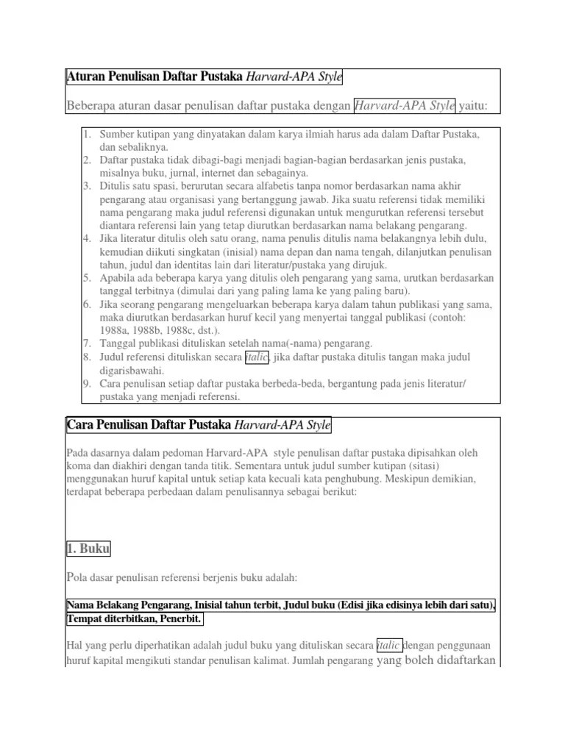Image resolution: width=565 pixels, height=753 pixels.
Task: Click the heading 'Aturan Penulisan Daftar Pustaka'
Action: tap(154, 77)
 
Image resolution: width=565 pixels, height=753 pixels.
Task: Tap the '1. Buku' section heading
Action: tap(89, 548)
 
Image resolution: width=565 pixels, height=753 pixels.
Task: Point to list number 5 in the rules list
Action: tap(85, 278)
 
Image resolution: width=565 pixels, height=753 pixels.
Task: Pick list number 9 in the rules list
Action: tap(85, 384)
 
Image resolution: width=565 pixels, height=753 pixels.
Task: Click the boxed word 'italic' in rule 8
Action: tap(257, 357)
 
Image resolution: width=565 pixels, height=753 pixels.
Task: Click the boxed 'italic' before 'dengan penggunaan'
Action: tap(389, 645)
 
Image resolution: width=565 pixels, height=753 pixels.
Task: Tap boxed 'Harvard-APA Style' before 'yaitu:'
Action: tap(405, 107)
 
